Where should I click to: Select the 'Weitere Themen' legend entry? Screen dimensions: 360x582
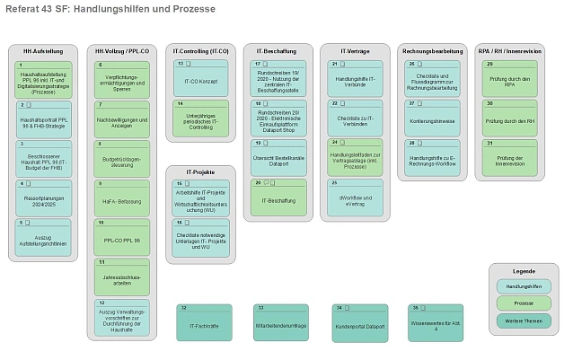524,320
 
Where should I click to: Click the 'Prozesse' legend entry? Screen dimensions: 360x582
524,303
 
